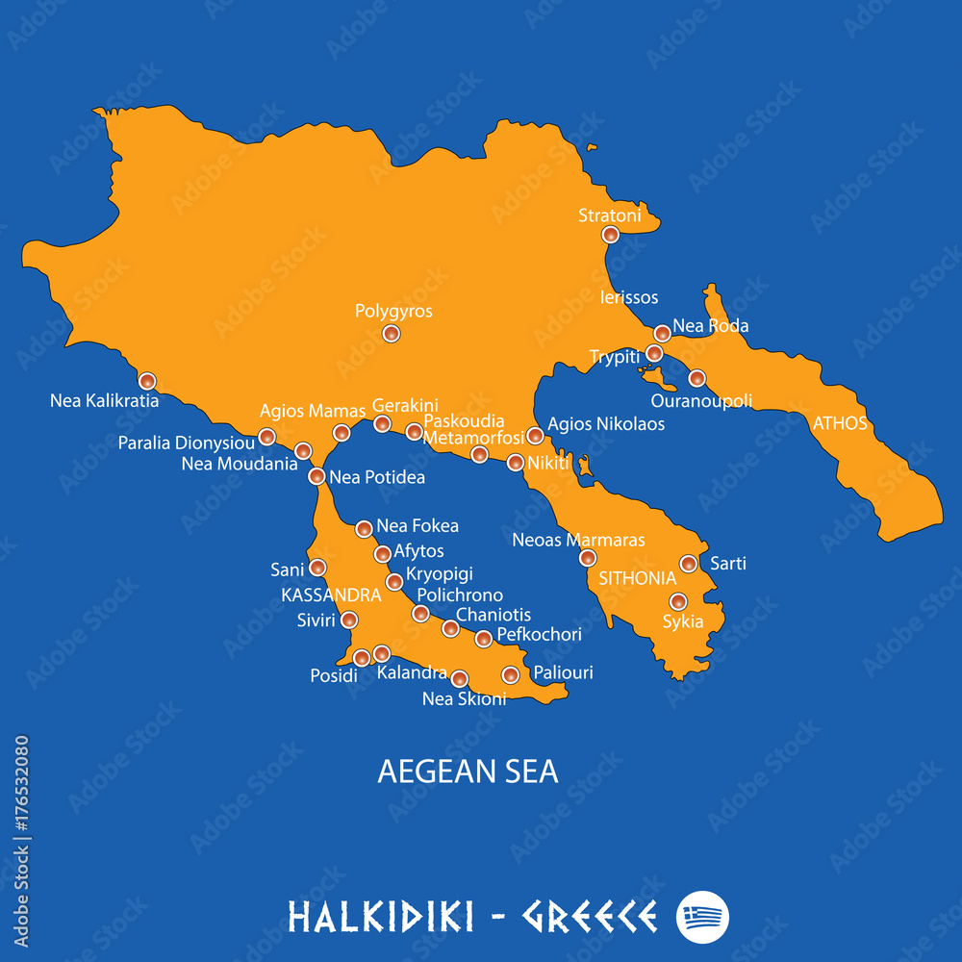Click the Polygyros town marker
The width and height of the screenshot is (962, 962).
click(x=391, y=334)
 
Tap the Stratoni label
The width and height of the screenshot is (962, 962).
click(x=609, y=215)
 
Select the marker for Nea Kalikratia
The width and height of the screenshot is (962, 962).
click(x=147, y=381)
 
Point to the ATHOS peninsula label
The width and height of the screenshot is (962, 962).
click(x=840, y=423)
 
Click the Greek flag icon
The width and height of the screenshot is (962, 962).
click(x=703, y=917)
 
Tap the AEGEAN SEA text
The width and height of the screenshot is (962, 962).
click(x=468, y=772)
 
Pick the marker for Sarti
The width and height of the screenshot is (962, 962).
click(x=689, y=564)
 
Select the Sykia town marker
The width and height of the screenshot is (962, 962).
click(x=678, y=602)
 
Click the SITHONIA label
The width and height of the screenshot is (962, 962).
click(x=638, y=578)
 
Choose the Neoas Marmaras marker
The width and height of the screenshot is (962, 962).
click(x=588, y=558)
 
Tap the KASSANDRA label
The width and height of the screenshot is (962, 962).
click(x=331, y=595)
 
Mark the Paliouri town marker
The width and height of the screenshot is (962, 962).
click(x=511, y=675)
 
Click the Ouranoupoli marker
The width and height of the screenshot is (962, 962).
click(x=696, y=378)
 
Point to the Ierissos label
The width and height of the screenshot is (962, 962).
click(x=629, y=297)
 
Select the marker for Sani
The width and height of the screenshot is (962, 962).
click(x=317, y=568)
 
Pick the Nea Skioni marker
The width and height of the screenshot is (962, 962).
click(x=460, y=678)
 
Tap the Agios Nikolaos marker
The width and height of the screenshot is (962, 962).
click(x=535, y=436)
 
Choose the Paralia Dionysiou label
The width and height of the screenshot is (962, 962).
click(x=187, y=443)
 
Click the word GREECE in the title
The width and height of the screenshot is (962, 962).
click(x=590, y=917)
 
